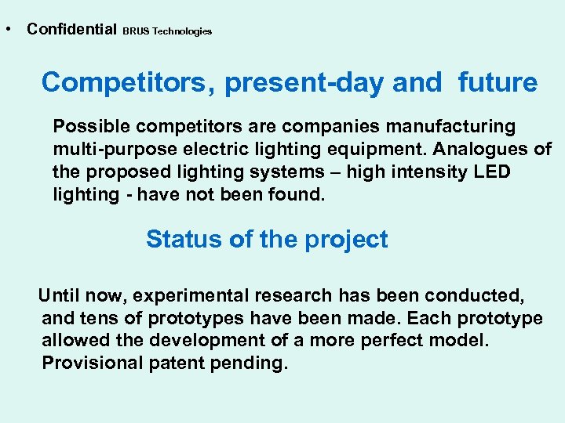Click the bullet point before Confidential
tap(6, 30)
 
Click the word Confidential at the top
tap(71, 29)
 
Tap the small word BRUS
tap(136, 31)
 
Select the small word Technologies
tap(182, 31)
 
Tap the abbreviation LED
tap(491, 172)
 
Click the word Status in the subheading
tap(184, 239)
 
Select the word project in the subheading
tap(345, 239)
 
